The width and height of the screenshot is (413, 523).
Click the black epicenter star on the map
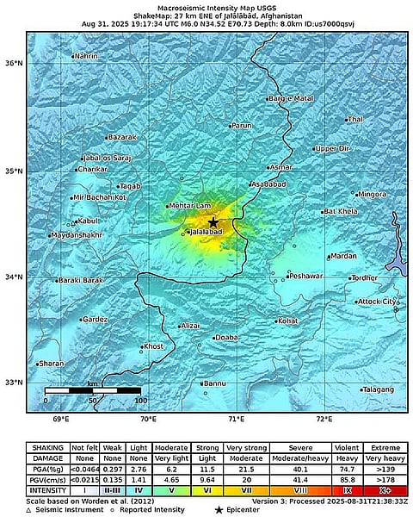213,221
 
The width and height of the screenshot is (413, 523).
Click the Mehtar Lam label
189,206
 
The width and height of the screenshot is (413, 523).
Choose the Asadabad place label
268,184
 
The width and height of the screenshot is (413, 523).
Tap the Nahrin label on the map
86,56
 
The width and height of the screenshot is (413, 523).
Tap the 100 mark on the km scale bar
140,401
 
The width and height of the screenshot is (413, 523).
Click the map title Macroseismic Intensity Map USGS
206,5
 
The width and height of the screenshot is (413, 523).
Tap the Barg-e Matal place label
291,99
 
